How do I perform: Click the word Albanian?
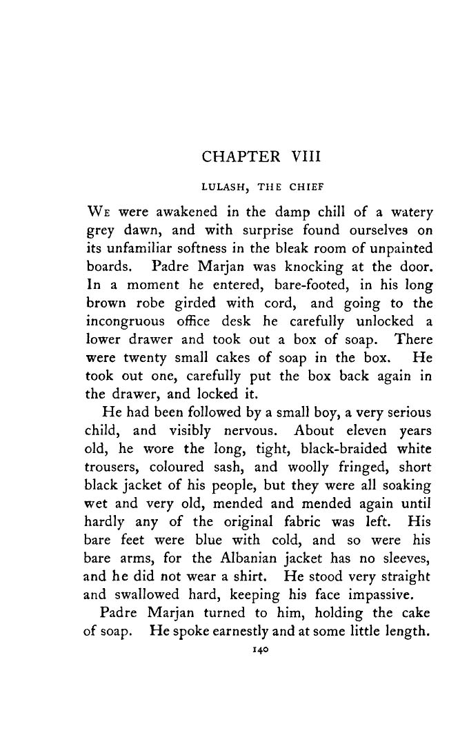(256, 556)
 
